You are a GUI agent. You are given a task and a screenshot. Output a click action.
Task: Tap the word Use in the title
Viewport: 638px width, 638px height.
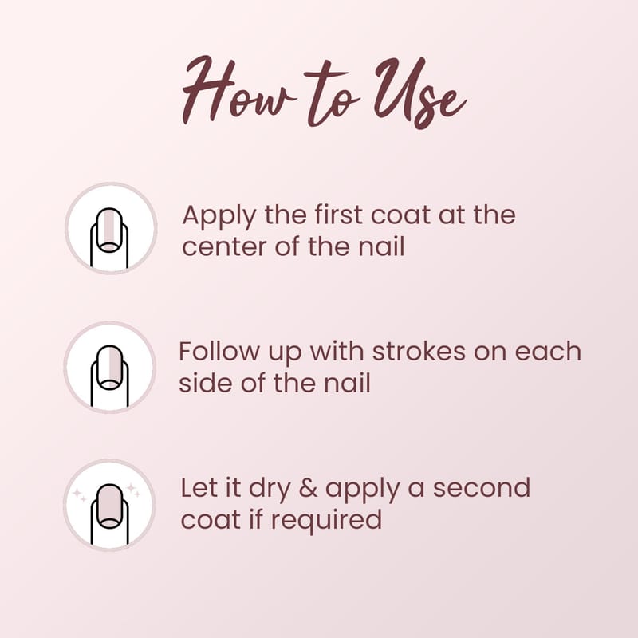click(x=419, y=93)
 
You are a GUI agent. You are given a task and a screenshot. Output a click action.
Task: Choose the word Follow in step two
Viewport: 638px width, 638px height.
click(x=219, y=351)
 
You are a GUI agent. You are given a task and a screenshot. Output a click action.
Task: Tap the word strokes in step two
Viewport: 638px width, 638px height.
click(x=419, y=351)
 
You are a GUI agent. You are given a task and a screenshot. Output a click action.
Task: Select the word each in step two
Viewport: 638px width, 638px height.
click(x=548, y=351)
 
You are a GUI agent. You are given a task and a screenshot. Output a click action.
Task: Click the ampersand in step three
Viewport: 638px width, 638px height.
click(x=308, y=488)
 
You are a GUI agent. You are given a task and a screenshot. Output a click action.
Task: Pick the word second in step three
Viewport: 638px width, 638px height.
click(x=482, y=487)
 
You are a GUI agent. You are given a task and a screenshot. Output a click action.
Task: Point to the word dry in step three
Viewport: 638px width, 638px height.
click(x=269, y=490)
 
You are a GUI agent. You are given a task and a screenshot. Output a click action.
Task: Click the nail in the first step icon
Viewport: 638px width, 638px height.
click(x=109, y=230)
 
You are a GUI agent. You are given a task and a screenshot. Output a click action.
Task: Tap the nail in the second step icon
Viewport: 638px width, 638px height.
click(x=109, y=368)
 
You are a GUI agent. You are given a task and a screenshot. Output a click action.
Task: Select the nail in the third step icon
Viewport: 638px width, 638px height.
click(x=109, y=506)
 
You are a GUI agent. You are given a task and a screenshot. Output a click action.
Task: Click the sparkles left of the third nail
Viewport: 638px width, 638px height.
click(x=79, y=495)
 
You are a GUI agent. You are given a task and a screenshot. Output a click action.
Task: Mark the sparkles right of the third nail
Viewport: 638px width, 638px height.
click(x=133, y=490)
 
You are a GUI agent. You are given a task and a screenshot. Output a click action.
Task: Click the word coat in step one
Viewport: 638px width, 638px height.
click(x=400, y=215)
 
